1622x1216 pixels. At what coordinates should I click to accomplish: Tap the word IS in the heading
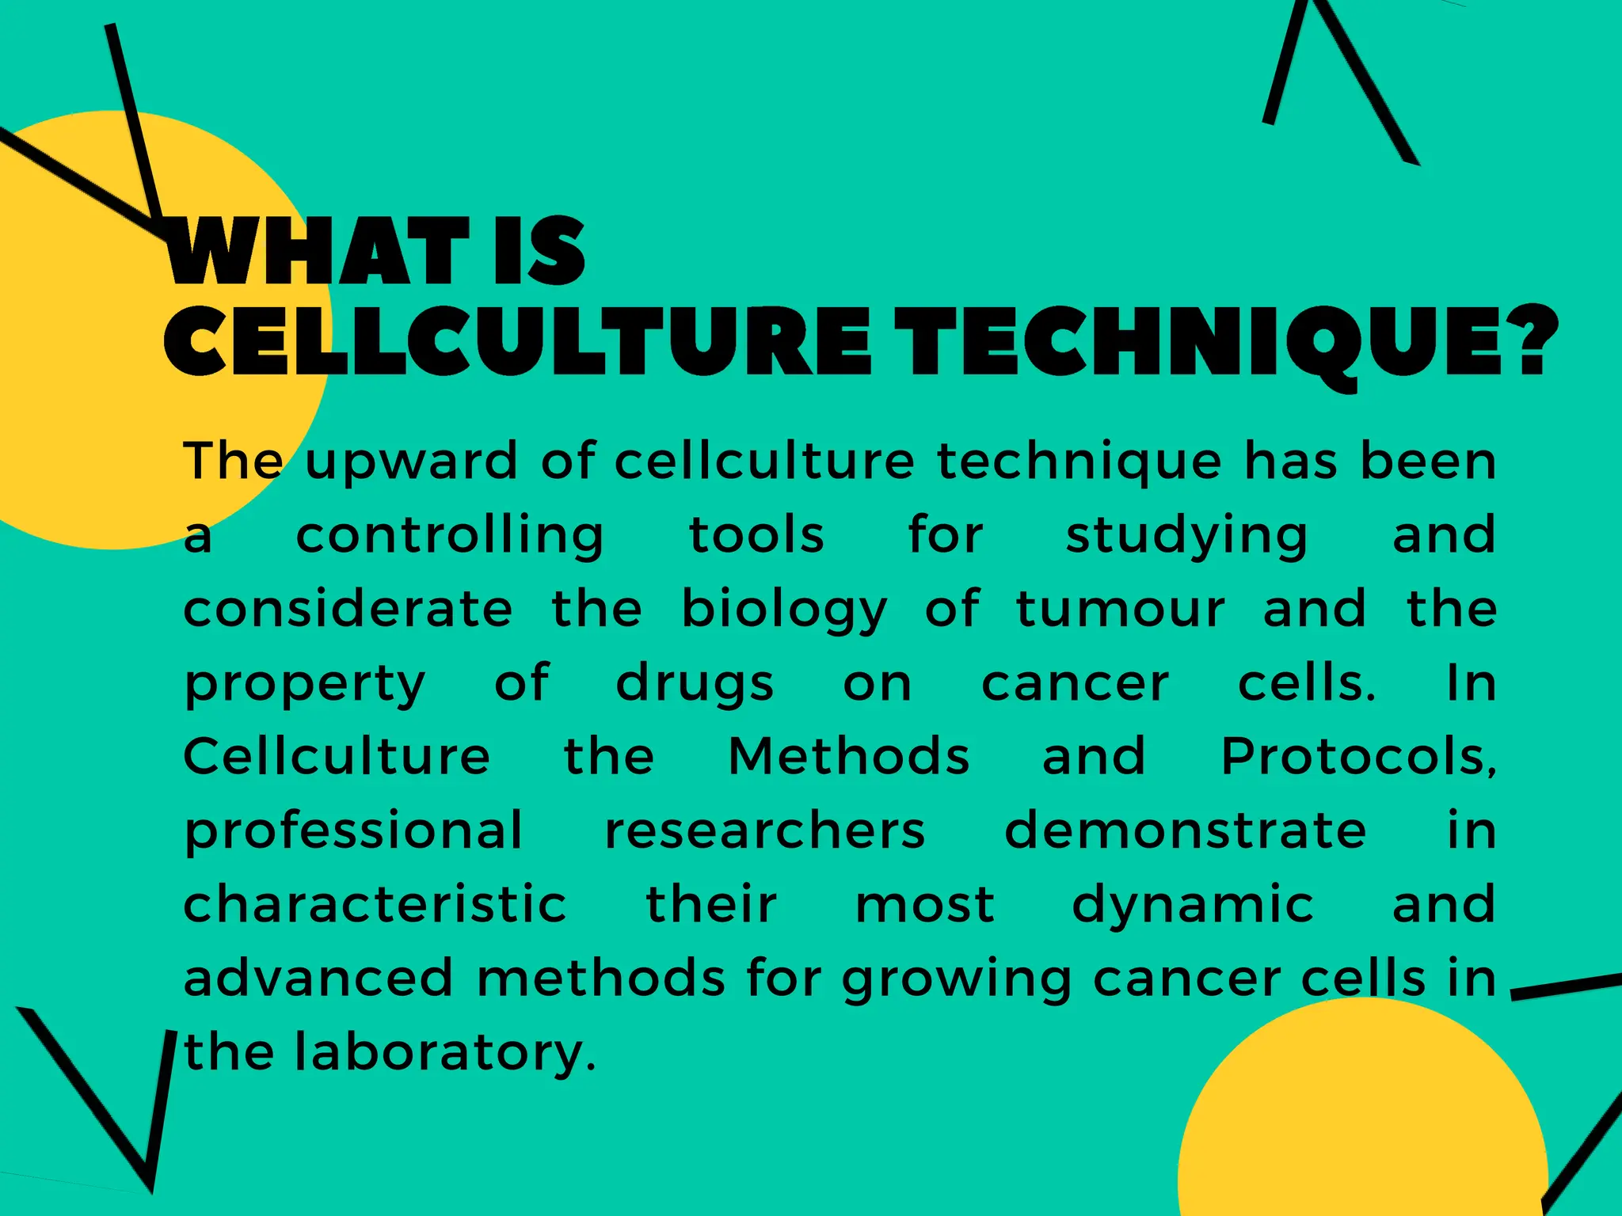[x=539, y=252]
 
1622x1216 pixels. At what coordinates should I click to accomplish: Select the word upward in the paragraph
[x=411, y=462]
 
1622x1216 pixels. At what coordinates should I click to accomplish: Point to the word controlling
[x=450, y=536]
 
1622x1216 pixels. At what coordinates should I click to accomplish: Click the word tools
[x=756, y=534]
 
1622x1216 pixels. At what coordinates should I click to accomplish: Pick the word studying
[x=1186, y=536]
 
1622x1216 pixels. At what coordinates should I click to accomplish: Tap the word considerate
[x=348, y=609]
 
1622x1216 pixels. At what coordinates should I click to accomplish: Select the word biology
[x=784, y=610]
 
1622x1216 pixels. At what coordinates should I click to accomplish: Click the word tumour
[x=1121, y=609]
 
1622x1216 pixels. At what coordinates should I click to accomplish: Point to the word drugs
[x=695, y=684]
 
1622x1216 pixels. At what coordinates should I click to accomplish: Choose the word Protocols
[x=1357, y=757]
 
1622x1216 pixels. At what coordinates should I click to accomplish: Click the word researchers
[x=764, y=830]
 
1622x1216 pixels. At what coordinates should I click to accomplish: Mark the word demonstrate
[x=1185, y=830]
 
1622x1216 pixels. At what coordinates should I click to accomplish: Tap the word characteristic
[x=375, y=904]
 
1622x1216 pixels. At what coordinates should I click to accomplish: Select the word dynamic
[x=1193, y=906]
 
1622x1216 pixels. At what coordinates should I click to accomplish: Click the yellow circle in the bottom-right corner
[x=1362, y=1124]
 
